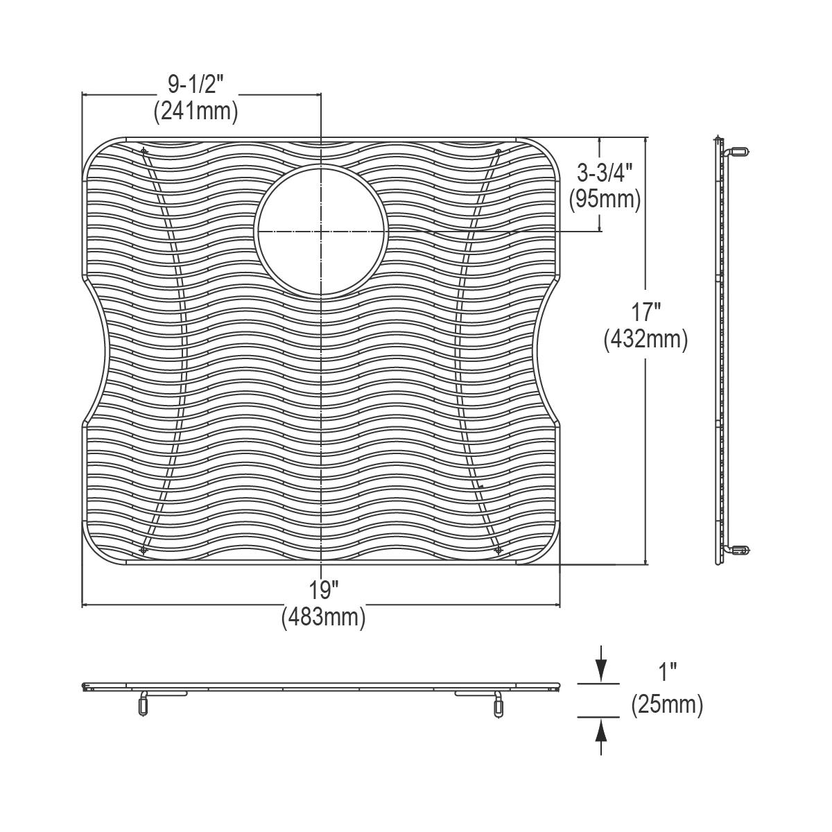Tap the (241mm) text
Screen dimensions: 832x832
pos(196,112)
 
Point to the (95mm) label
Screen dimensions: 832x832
pos(605,199)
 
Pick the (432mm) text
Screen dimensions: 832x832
pos(645,339)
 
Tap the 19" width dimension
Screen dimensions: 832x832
pos(323,590)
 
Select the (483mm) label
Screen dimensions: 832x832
pos(323,617)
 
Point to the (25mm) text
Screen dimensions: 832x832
pos(667,704)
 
